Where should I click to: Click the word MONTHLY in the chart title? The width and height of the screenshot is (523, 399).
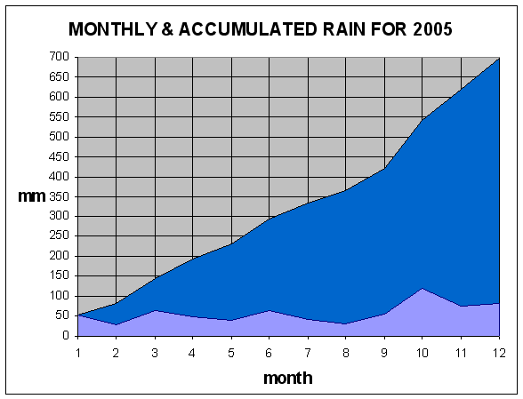pos(112,29)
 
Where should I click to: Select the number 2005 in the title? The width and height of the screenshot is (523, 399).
pos(432,29)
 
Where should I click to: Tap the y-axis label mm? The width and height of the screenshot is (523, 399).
pos(32,196)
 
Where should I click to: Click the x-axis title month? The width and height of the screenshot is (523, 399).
pos(288,378)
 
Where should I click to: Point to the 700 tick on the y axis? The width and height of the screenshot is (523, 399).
pos(59,57)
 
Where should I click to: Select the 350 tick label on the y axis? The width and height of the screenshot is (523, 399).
pos(59,196)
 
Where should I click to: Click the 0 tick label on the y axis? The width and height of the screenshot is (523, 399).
pos(66,335)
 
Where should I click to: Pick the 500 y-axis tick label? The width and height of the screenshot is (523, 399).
pos(59,137)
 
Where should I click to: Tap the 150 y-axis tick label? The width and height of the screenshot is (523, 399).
pos(59,275)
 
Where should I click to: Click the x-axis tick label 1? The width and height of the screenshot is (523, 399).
pos(78,353)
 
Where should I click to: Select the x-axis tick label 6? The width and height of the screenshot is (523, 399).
pos(269,353)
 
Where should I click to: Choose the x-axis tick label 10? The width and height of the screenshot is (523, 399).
pos(422,353)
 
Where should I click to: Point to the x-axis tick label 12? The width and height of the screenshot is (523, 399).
pos(499,353)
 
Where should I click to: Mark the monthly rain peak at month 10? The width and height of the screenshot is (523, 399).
pos(422,288)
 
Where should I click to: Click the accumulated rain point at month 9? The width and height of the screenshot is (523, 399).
pos(384,169)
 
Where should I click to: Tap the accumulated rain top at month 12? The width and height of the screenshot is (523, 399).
pos(499,58)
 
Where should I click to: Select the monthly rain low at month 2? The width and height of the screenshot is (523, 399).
pos(116,324)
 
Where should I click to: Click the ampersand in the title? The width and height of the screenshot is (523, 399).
pos(168,29)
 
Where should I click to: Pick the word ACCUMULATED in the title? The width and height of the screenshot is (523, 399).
pos(248,29)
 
